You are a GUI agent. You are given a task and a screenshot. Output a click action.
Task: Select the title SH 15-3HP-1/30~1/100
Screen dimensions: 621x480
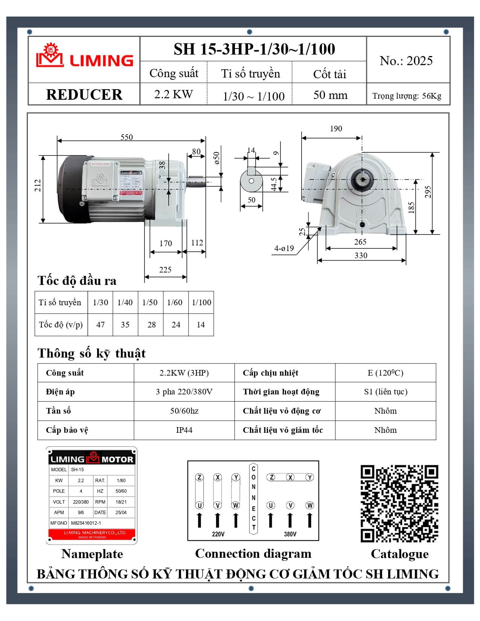click(254, 49)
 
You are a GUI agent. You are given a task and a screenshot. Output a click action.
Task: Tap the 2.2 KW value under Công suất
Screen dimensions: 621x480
click(174, 94)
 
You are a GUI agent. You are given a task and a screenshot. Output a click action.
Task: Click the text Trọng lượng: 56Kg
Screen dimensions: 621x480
click(407, 96)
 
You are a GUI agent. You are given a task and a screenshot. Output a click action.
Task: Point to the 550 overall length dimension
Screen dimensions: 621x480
click(126, 137)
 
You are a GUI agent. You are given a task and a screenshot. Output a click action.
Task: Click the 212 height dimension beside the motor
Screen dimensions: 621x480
click(38, 186)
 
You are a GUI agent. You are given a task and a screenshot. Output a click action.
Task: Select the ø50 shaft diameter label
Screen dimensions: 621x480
click(216, 158)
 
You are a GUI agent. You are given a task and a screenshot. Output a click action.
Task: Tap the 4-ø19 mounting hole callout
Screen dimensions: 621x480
click(284, 248)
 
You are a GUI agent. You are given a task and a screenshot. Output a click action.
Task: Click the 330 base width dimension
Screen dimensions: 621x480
click(361, 256)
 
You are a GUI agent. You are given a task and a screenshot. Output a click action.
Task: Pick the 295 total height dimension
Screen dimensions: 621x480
click(428, 192)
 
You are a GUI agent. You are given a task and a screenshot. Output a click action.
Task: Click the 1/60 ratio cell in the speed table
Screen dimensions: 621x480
click(175, 303)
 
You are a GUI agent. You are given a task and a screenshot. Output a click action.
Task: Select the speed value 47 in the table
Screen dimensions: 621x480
click(101, 325)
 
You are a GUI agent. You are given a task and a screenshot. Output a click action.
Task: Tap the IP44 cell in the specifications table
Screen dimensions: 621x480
click(184, 430)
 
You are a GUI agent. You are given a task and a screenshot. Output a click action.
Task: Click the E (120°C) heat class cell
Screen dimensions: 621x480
click(386, 373)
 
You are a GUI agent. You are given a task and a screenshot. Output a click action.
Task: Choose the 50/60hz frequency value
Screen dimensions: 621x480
click(184, 411)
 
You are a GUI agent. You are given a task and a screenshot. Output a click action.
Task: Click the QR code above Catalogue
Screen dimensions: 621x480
click(399, 504)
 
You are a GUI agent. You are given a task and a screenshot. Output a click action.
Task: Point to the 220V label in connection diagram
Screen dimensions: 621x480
click(218, 534)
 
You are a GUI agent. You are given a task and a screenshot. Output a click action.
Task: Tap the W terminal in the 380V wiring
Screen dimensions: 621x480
click(310, 505)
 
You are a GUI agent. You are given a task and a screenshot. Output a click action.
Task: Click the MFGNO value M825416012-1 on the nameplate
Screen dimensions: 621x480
click(86, 523)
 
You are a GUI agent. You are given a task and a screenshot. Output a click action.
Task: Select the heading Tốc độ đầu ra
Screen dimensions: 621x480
click(77, 281)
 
